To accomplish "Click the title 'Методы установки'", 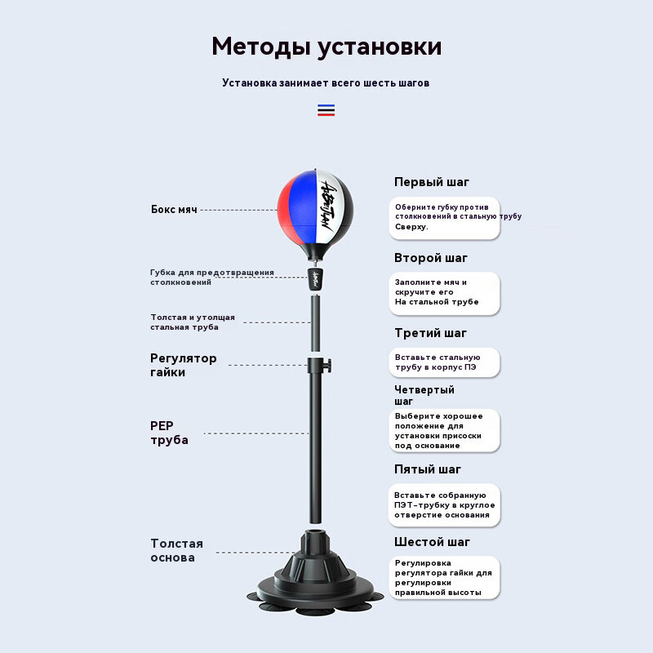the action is (x=326, y=47).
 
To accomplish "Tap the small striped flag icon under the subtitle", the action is (x=326, y=110).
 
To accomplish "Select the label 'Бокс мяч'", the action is (x=174, y=210).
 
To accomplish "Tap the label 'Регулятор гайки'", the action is (x=184, y=365).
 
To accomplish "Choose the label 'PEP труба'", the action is (x=170, y=433).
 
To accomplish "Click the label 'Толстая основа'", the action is (x=176, y=550).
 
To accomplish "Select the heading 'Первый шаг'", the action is (x=432, y=182).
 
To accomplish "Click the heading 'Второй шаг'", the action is (x=431, y=258).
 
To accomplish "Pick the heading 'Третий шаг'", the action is (x=431, y=333).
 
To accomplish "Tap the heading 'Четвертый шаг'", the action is (x=424, y=395).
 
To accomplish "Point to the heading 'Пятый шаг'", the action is (x=428, y=469).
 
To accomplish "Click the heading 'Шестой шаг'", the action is (x=433, y=542).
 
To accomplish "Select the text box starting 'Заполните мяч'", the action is (x=443, y=292).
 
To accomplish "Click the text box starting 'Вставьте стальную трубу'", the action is (x=443, y=362).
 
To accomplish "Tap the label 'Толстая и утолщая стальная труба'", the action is (x=193, y=322).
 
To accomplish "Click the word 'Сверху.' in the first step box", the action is (x=411, y=227).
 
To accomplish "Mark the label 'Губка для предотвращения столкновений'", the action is (x=212, y=277).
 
